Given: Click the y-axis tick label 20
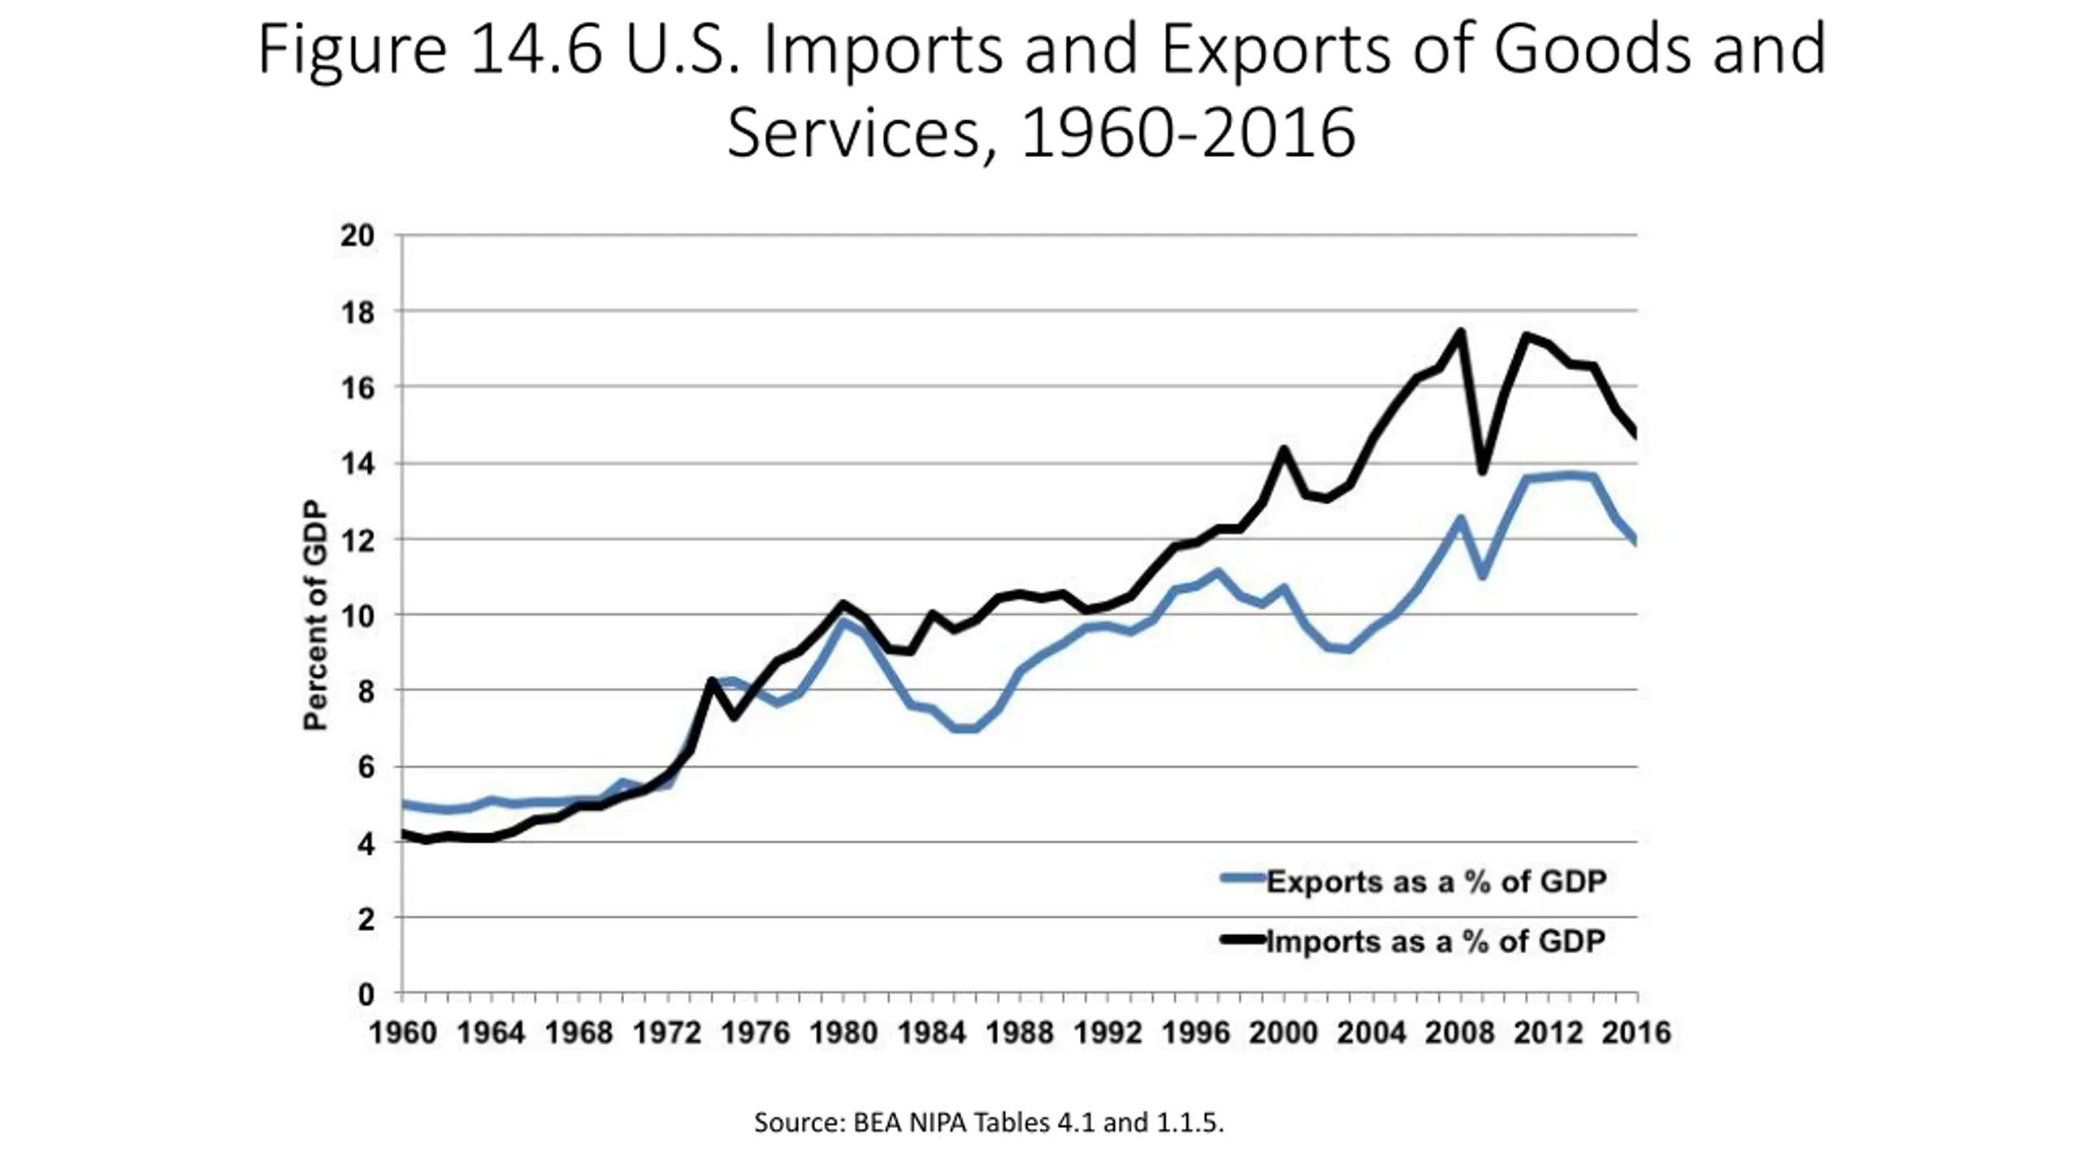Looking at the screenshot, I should click(357, 236).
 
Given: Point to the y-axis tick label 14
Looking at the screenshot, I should click(357, 464).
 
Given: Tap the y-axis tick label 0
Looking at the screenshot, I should click(366, 994).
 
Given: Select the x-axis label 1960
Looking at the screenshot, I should click(403, 1033).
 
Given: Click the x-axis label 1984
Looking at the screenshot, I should click(932, 1033).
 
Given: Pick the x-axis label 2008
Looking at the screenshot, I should click(1460, 1033).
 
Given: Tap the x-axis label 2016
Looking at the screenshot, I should click(1636, 1033).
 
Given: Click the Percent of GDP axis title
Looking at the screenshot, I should click(315, 615).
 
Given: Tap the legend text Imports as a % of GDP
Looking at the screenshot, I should click(1436, 941).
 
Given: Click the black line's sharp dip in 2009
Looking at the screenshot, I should click(1482, 471).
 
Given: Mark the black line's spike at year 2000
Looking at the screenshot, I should click(1285, 448).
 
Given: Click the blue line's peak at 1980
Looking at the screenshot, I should click(844, 622).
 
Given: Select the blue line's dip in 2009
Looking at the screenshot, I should click(1483, 576).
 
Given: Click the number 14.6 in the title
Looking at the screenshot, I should click(535, 50).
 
